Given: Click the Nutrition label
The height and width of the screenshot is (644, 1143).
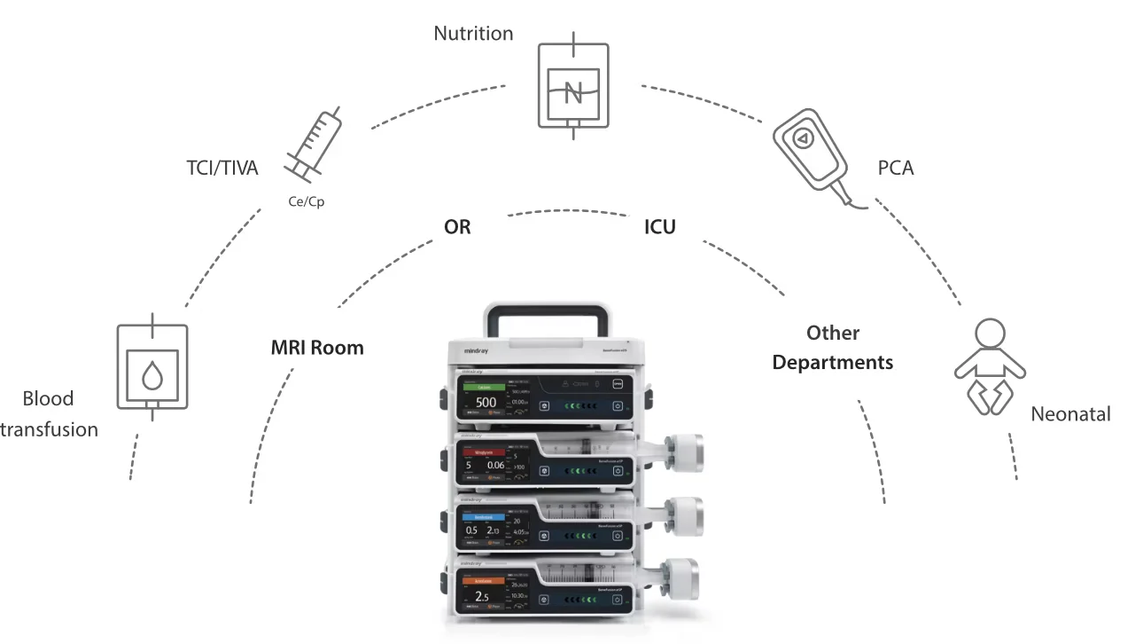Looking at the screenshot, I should click(473, 34).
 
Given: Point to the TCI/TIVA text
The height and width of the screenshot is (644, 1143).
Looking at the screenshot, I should click(222, 167).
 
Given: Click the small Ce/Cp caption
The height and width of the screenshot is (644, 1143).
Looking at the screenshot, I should click(307, 202).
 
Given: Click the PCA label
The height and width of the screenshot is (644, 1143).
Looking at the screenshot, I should click(896, 167).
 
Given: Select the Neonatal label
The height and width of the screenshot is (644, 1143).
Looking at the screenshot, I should click(1070, 413).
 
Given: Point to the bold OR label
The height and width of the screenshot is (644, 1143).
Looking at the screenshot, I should click(457, 227).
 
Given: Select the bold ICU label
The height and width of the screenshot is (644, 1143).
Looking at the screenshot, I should click(660, 227).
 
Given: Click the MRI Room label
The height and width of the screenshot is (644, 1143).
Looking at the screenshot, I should click(317, 347).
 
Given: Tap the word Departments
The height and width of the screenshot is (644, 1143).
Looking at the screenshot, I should click(833, 362).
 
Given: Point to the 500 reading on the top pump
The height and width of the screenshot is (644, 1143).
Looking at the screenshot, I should click(486, 403).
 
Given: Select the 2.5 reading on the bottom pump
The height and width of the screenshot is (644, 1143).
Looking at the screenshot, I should click(482, 596).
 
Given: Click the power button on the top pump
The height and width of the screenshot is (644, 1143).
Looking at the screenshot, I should click(618, 405).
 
